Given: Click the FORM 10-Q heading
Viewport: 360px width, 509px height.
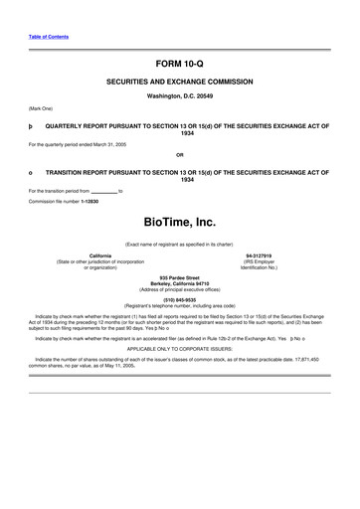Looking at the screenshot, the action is pyautogui.click(x=179, y=63).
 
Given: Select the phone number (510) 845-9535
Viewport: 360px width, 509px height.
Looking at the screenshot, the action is pyautogui.click(x=179, y=299).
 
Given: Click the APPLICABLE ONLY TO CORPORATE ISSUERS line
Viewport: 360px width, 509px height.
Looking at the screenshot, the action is pyautogui.click(x=179, y=349).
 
